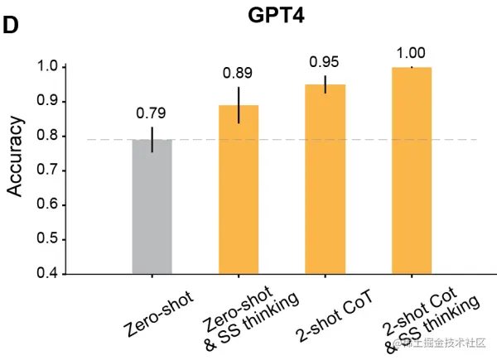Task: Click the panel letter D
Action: pyautogui.click(x=11, y=25)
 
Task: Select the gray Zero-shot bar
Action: pyautogui.click(x=152, y=207)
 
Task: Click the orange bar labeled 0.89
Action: pyautogui.click(x=239, y=190)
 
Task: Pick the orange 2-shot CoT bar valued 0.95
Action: pyautogui.click(x=325, y=179)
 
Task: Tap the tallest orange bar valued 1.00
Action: pyautogui.click(x=412, y=170)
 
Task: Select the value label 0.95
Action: pyautogui.click(x=325, y=62)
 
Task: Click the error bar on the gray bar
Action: pyautogui.click(x=152, y=139)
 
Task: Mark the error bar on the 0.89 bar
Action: pyautogui.click(x=239, y=104)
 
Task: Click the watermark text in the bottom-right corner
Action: pyautogui.click(x=439, y=343)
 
